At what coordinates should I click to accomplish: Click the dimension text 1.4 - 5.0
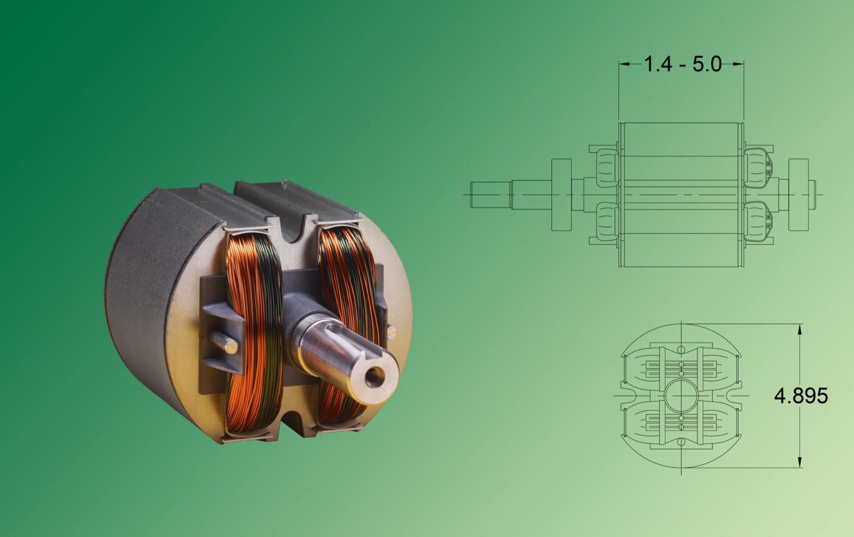pos(682,64)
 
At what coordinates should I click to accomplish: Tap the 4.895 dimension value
pos(801,396)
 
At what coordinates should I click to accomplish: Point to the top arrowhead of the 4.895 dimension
pos(800,329)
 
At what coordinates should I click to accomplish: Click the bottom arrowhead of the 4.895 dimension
pos(800,462)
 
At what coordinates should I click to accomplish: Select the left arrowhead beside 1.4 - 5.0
pos(624,64)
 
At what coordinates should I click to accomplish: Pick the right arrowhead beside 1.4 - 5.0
pos(739,64)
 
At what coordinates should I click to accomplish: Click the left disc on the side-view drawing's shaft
pos(562,195)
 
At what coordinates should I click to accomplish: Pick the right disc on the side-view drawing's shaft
pos(798,195)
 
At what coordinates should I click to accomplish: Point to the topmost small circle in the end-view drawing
pos(681,348)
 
